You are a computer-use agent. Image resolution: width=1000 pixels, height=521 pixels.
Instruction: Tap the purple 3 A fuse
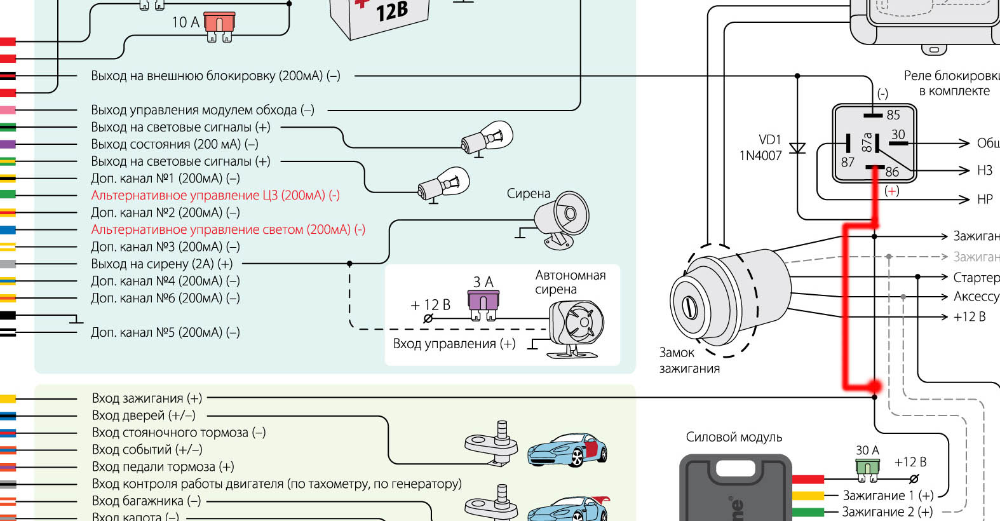coord(483,301)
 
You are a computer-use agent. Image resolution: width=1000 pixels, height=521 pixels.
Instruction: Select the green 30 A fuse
coord(867,469)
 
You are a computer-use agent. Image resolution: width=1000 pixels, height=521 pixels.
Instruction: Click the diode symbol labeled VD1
coord(797,149)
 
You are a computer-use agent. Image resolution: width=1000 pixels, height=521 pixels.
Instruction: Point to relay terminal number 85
coord(893,115)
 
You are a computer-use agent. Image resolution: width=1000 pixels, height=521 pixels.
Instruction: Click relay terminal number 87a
coord(867,142)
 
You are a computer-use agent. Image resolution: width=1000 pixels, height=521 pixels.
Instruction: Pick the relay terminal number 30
coord(898,135)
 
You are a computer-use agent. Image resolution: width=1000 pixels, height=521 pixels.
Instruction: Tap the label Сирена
coord(528,194)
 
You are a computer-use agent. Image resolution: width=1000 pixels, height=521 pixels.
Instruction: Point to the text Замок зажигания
coord(689,360)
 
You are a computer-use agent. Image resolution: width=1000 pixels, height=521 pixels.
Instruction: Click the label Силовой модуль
coord(734,437)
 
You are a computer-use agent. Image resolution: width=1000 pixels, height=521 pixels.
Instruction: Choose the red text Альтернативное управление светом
coord(228,229)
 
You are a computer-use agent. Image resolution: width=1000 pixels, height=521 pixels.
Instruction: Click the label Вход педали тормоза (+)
coord(163,467)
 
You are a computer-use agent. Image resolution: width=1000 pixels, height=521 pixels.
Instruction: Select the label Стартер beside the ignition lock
coord(976,278)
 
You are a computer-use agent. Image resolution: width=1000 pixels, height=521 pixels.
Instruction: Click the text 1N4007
coord(760,156)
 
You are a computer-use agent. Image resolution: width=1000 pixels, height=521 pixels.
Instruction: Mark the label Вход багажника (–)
coord(146,501)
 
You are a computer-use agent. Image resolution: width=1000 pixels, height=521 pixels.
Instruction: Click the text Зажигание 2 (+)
coord(887,511)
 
